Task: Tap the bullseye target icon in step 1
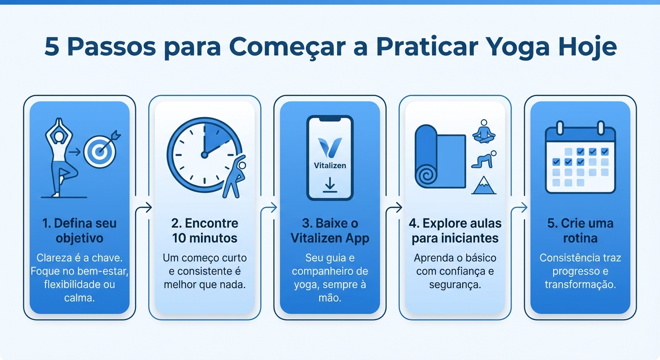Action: [x=99, y=151]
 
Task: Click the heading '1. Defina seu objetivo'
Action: [x=79, y=231]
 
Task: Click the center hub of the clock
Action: [x=204, y=154]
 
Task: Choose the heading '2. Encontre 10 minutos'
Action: [x=204, y=231]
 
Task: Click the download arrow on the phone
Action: [x=330, y=184]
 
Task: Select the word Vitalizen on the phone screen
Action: [x=330, y=165]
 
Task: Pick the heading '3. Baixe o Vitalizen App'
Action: [x=330, y=231]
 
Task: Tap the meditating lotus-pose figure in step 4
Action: [x=484, y=132]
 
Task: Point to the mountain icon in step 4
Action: [x=484, y=186]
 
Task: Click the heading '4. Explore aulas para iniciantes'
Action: [x=455, y=231]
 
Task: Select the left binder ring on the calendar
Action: [x=560, y=127]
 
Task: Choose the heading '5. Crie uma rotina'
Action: [x=580, y=231]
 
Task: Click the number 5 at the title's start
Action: [x=52, y=48]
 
